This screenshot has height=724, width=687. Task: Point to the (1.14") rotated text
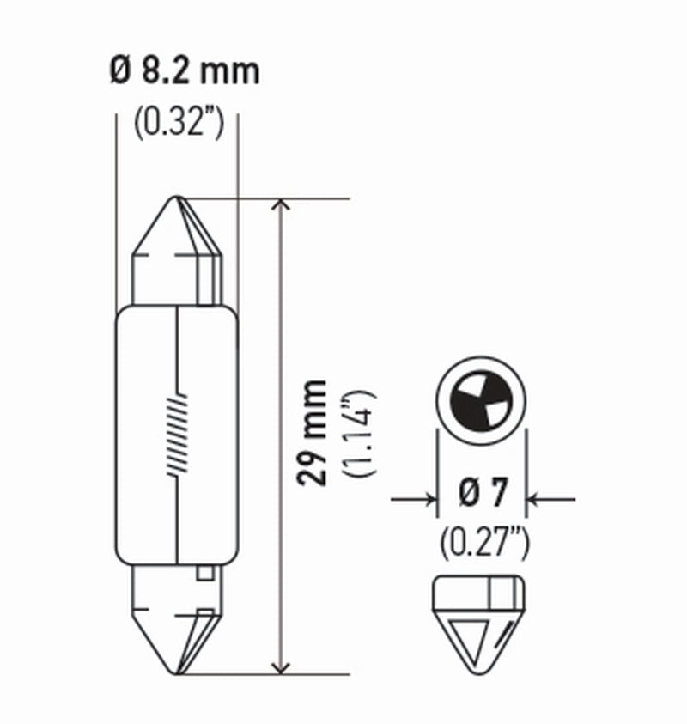358,433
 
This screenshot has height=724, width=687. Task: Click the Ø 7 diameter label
482,496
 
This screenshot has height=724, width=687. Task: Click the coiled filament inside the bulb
176,434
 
